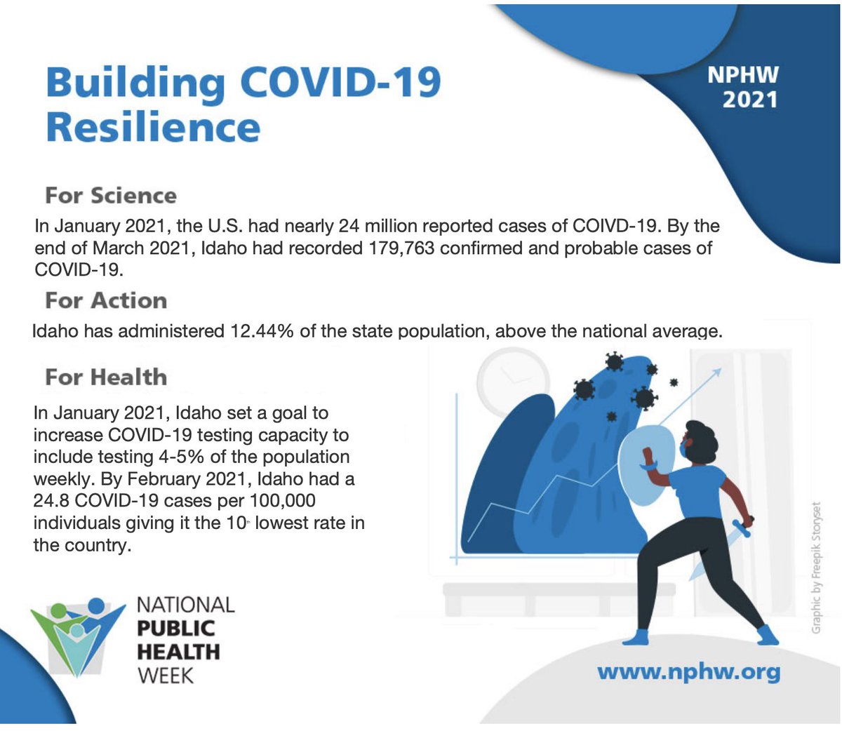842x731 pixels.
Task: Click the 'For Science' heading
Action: click(111, 196)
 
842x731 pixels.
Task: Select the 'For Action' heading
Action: click(106, 301)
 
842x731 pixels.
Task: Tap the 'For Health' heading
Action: click(106, 377)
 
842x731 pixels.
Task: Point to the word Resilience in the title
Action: click(153, 128)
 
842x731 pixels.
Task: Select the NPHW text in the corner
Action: click(743, 75)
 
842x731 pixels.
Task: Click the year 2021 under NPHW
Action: click(750, 100)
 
